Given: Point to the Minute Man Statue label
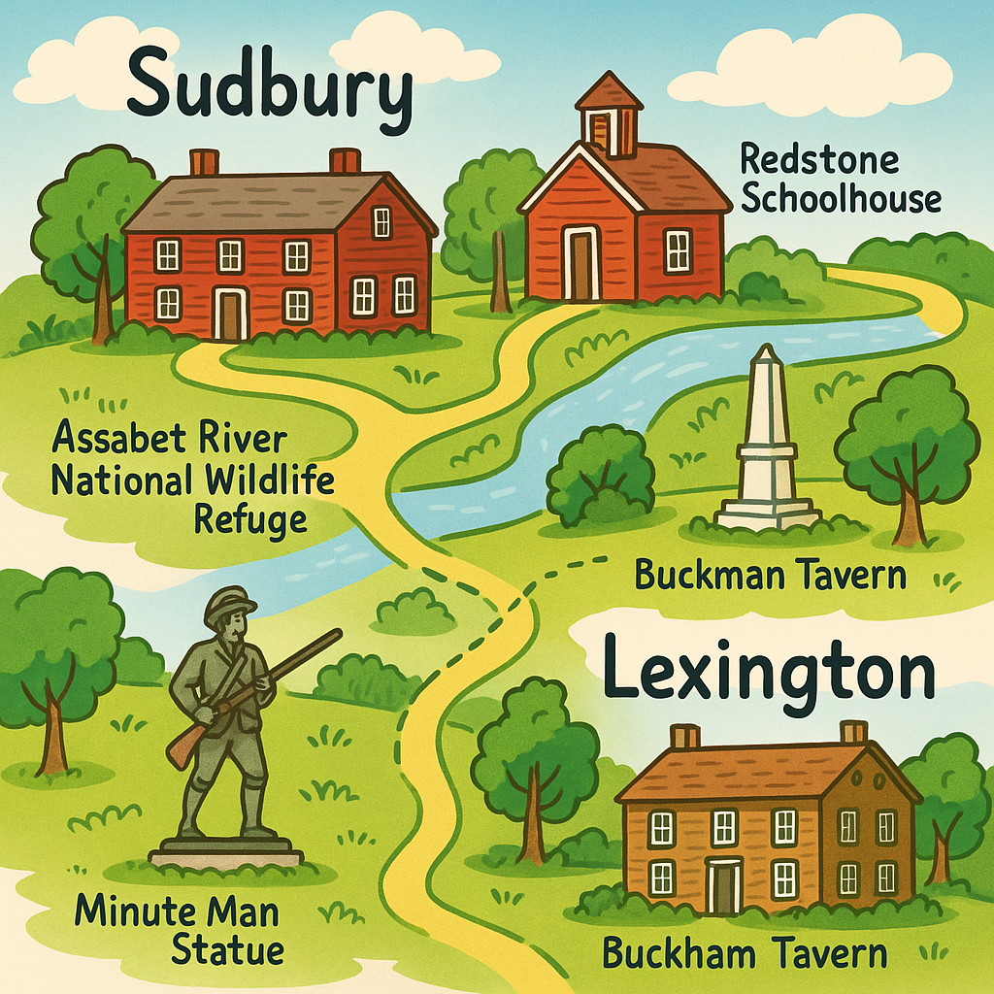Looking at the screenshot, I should (x=177, y=930).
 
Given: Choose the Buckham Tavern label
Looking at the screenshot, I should (x=745, y=952).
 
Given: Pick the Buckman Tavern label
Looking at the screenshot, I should (x=770, y=575).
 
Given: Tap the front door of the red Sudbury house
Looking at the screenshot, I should (x=231, y=313).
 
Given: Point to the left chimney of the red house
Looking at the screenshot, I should (x=204, y=161).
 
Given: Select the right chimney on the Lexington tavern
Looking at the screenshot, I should (x=854, y=732).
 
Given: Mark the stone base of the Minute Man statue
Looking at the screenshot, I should (x=226, y=851).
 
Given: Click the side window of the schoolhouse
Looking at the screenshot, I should (x=677, y=251).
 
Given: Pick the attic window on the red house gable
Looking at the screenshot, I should (x=381, y=221).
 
